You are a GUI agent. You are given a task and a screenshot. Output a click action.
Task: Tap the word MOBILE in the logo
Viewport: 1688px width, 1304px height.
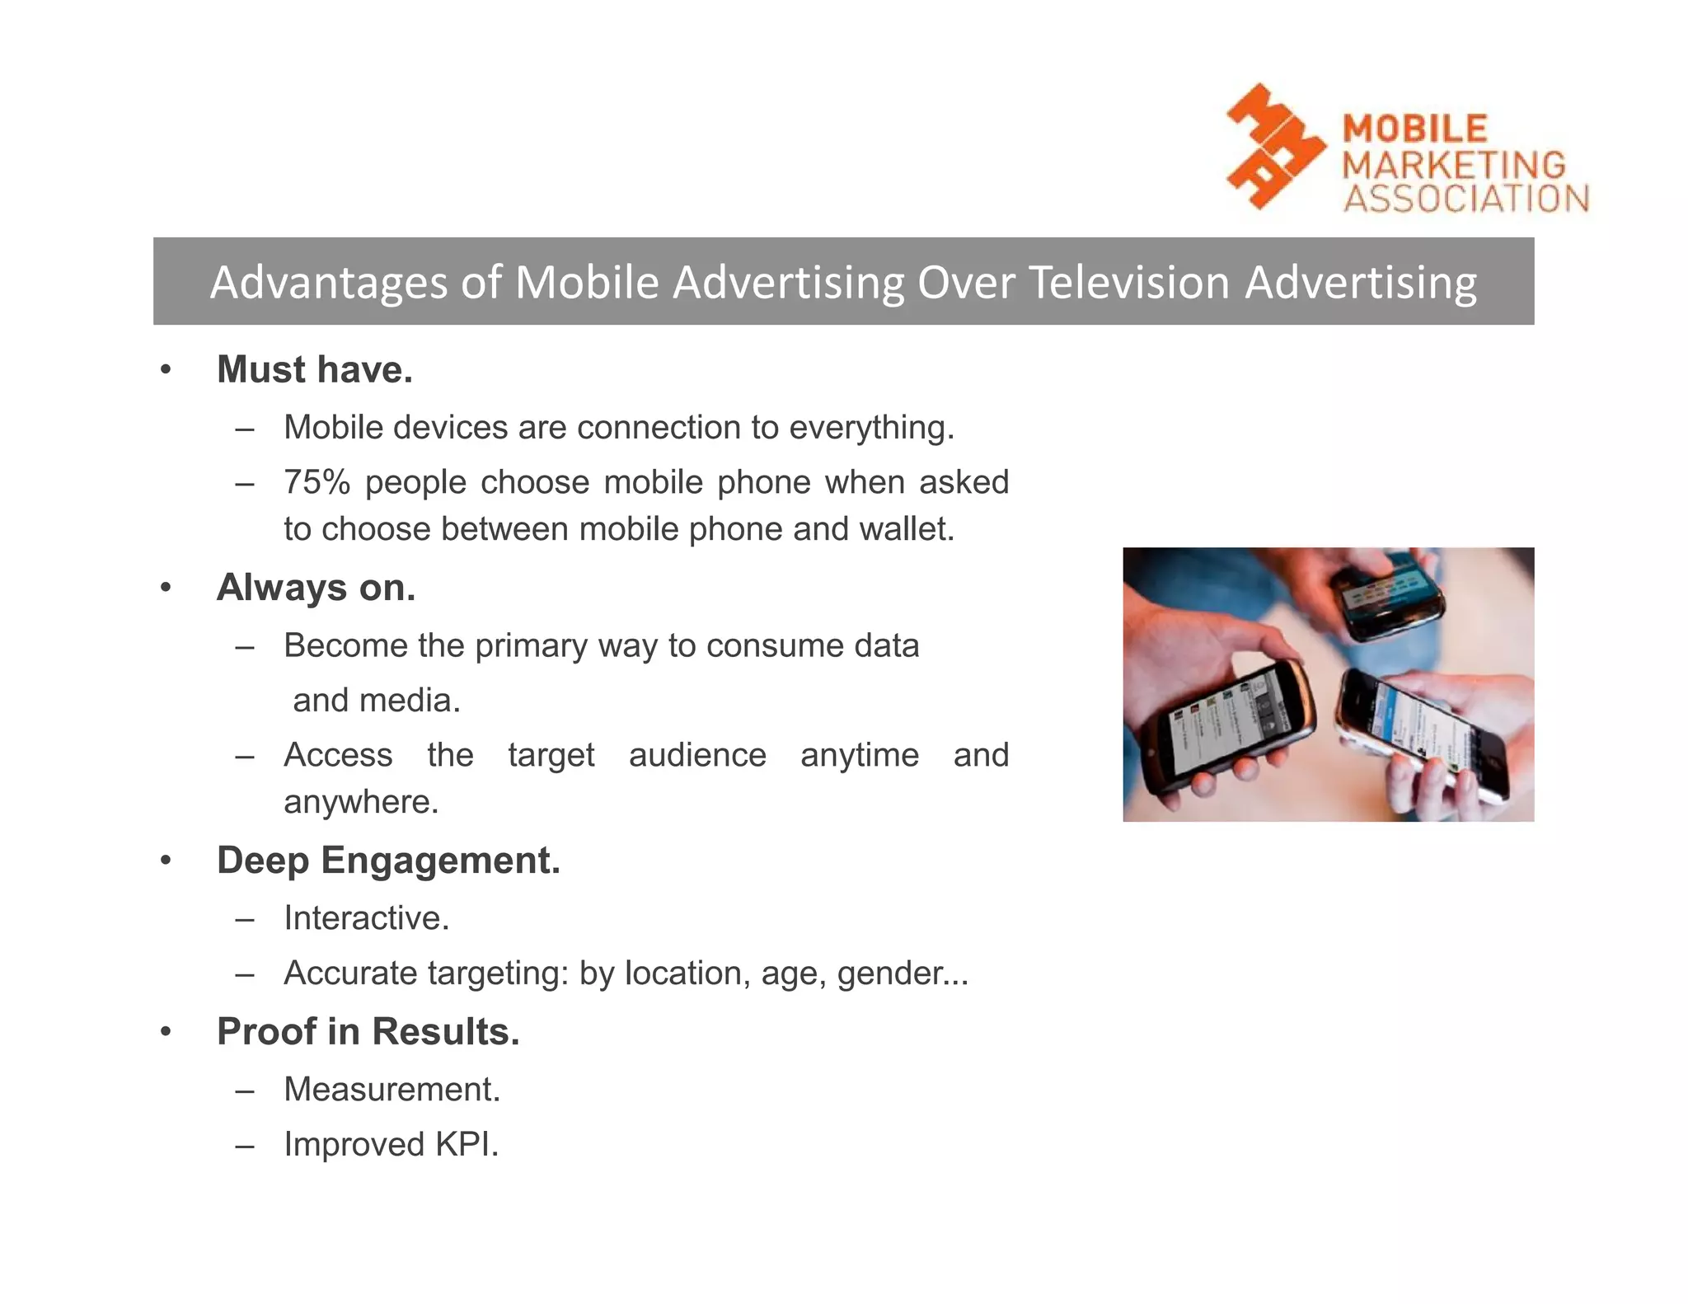(1415, 129)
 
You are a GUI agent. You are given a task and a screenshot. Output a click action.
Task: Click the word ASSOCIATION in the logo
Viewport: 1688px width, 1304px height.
(1465, 199)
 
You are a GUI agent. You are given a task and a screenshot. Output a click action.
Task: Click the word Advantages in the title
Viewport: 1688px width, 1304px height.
(328, 282)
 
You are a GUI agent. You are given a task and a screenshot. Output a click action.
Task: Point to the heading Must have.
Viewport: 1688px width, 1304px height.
(314, 369)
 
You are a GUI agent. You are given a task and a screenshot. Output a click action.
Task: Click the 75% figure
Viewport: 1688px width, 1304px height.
(316, 482)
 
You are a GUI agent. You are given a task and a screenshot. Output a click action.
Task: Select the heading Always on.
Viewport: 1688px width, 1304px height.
(316, 588)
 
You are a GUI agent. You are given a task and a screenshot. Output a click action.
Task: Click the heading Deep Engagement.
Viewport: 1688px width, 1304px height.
(388, 861)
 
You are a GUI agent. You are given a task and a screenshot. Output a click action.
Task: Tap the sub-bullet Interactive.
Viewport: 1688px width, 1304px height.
(366, 918)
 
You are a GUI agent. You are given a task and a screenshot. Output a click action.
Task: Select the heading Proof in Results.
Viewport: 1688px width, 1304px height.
(368, 1032)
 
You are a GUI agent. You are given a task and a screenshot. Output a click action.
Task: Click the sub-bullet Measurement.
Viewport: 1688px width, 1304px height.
(392, 1090)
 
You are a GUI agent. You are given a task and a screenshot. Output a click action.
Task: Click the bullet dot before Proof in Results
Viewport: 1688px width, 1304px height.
(166, 1032)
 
